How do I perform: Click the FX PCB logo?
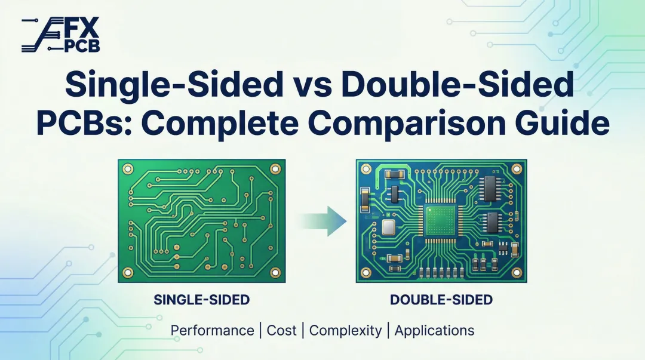coord(60,35)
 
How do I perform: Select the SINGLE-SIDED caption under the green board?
coord(201,300)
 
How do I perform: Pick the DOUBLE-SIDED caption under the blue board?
coord(441,300)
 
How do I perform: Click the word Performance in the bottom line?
coord(212,330)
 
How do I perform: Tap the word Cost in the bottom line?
coord(282,330)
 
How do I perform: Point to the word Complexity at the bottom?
coord(346,330)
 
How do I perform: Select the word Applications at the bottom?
coord(434,330)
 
